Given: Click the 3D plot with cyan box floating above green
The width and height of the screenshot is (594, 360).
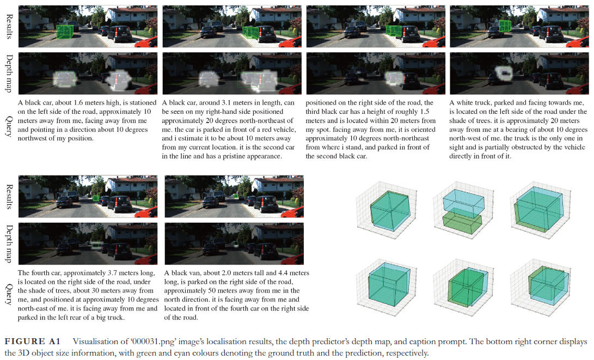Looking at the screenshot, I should click(x=462, y=210).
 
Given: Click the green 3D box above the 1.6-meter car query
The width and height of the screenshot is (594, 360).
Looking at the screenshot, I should click(x=65, y=32).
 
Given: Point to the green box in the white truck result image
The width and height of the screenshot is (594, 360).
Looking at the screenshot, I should click(x=505, y=26).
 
